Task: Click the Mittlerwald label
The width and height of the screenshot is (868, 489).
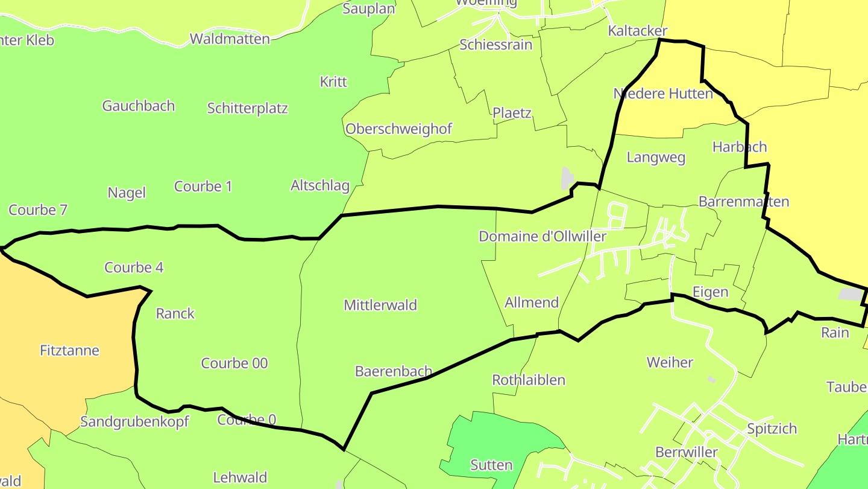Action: click(380, 305)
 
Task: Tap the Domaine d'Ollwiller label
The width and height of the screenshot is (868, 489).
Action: click(542, 236)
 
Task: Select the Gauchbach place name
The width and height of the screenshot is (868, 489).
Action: click(139, 106)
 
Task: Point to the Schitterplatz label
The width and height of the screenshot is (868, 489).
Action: click(247, 108)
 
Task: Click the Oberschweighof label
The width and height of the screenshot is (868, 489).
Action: click(398, 129)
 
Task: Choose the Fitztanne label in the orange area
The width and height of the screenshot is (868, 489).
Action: click(69, 350)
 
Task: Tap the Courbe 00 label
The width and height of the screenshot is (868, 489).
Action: click(234, 363)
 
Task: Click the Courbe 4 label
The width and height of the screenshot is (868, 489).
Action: click(134, 267)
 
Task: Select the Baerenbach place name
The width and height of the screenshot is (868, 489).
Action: click(394, 371)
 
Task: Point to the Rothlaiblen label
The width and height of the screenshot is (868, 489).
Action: click(529, 380)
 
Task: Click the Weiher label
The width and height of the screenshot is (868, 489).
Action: click(670, 362)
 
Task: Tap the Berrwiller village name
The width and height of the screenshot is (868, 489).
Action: click(687, 452)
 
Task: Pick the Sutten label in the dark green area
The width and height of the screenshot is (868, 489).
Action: click(491, 465)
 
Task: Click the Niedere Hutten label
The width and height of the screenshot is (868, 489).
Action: click(663, 94)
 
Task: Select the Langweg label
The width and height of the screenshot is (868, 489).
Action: click(656, 158)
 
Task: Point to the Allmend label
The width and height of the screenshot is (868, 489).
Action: click(532, 302)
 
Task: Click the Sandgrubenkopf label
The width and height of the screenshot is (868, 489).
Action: click(134, 421)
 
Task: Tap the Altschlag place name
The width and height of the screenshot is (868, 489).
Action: click(320, 185)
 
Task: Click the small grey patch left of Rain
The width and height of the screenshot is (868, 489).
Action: click(850, 294)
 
